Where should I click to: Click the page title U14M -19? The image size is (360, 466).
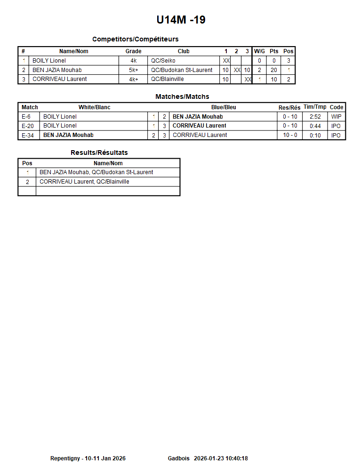[181, 20]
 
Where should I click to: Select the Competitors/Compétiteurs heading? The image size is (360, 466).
[135, 39]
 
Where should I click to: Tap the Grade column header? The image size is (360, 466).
[133, 51]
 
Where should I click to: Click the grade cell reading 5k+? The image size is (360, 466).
[134, 70]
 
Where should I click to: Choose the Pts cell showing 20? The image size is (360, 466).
[274, 70]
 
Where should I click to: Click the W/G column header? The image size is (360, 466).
[259, 51]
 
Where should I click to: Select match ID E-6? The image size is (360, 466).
[26, 117]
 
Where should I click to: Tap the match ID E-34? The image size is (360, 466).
[28, 135]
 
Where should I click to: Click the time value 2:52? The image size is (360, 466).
[315, 117]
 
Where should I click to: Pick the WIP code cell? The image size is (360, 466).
[336, 117]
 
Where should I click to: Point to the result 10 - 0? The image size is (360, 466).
[290, 135]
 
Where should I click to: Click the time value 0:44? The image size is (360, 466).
[315, 126]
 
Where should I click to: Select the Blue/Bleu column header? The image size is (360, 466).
[224, 107]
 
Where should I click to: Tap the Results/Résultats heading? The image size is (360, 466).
[99, 153]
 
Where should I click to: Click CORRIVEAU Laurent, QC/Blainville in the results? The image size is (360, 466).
[84, 182]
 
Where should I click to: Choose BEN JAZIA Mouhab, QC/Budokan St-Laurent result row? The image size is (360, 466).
[96, 172]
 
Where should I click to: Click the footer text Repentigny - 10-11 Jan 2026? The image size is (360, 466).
[88, 458]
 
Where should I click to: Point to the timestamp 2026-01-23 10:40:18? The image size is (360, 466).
[221, 458]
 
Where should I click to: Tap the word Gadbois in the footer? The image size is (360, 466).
[178, 458]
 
